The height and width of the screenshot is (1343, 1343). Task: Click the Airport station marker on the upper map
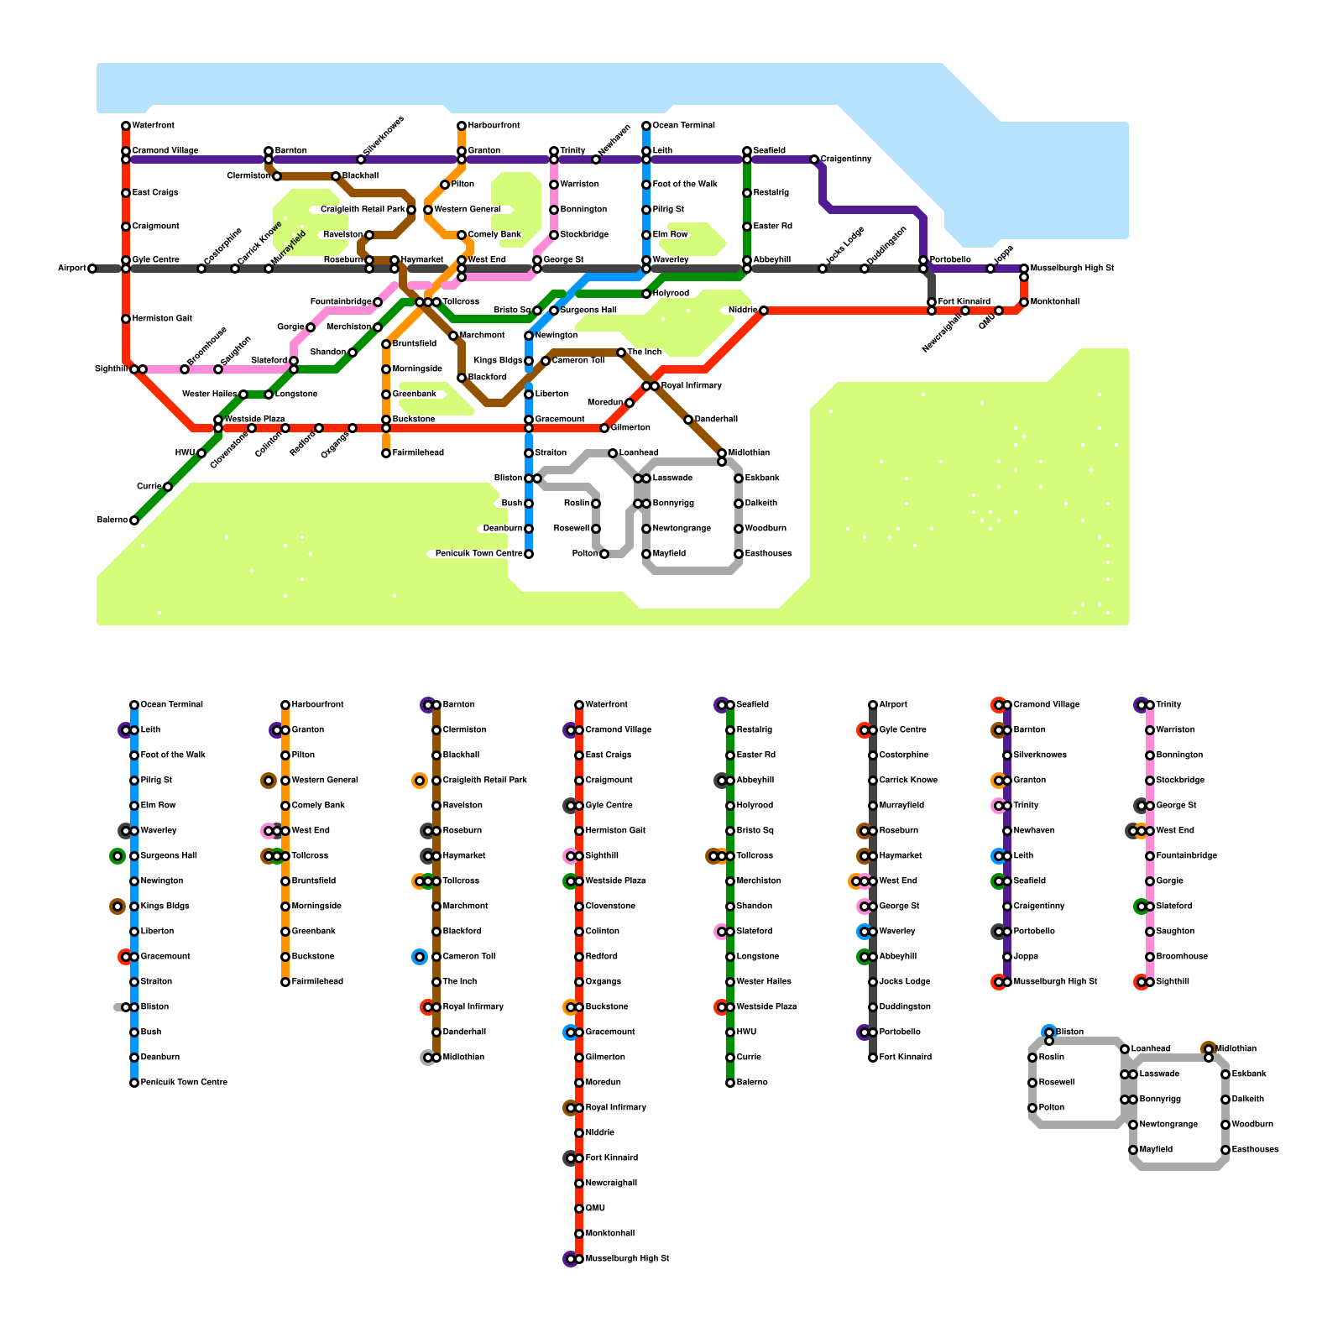click(x=92, y=269)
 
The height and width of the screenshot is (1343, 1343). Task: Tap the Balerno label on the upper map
click(x=112, y=520)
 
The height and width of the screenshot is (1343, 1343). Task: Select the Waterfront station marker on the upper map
click(x=126, y=126)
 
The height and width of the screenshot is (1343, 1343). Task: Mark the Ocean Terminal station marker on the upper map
click(x=646, y=126)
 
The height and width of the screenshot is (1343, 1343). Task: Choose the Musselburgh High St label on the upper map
click(x=1072, y=269)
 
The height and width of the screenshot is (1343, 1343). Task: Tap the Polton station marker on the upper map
click(x=604, y=554)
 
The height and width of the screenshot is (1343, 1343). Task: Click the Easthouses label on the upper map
click(x=768, y=554)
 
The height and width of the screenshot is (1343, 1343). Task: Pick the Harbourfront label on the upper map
click(x=494, y=126)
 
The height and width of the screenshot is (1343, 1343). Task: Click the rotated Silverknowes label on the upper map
click(x=384, y=136)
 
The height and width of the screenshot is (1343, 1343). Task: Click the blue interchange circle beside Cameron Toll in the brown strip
click(x=420, y=957)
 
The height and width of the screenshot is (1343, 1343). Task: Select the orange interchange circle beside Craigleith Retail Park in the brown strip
click(x=420, y=781)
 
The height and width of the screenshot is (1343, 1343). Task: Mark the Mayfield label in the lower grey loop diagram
click(x=1156, y=1150)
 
